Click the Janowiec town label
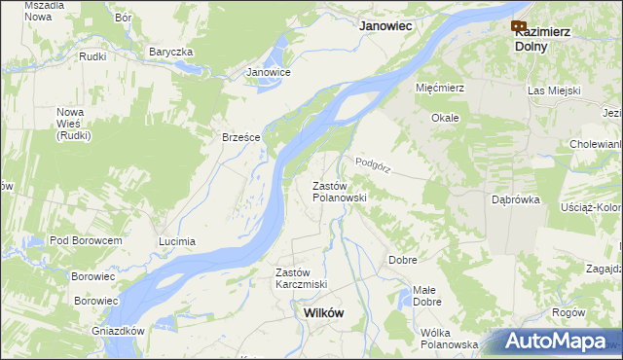pyautogui.click(x=389, y=27)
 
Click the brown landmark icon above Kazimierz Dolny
pyautogui.click(x=518, y=26)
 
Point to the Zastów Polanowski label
pyautogui.click(x=338, y=192)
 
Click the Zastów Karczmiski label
pyautogui.click(x=301, y=278)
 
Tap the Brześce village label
pyautogui.click(x=240, y=137)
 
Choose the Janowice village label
pyautogui.click(x=269, y=72)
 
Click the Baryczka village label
pyautogui.click(x=171, y=52)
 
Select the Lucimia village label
pyautogui.click(x=177, y=241)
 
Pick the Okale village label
pyautogui.click(x=445, y=118)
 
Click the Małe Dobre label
pyautogui.click(x=426, y=296)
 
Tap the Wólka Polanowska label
pyautogui.click(x=449, y=339)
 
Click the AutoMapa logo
pyautogui.click(x=555, y=342)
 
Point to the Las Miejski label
pyautogui.click(x=554, y=90)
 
